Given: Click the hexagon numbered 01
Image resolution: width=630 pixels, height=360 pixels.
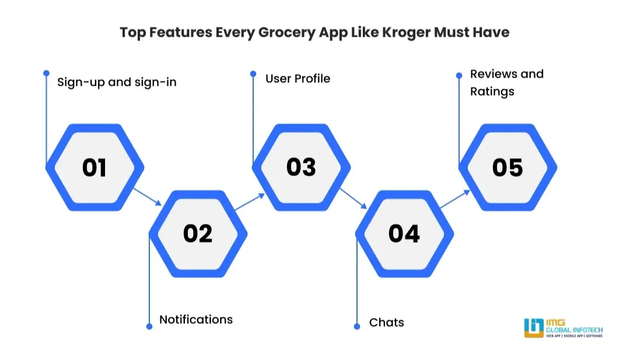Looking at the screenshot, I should coord(94,167).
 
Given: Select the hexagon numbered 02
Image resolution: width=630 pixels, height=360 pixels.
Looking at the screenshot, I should coord(198,233).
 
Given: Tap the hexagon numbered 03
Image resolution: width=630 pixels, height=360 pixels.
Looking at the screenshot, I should coord(301,167).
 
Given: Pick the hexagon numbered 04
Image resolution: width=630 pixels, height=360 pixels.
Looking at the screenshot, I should coord(404,233).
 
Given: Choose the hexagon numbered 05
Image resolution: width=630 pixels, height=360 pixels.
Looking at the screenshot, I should coord(508,167).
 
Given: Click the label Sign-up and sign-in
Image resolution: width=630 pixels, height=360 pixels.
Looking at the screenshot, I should coord(117,82).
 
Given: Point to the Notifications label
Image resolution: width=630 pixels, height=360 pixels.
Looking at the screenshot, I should coord(196,320).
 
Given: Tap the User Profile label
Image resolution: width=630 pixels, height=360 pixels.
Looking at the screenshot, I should coord(297,78).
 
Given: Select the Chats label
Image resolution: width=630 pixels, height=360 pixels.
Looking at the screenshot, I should coord(387,322).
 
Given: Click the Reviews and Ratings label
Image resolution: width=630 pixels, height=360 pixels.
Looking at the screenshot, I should coord(506,82).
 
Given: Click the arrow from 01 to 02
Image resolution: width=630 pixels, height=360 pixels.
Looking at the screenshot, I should coord(147,196).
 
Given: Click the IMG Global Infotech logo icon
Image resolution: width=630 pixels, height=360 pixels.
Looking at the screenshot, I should coord(533,328).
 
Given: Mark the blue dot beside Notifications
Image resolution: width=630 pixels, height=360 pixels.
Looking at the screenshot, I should coord(149,326).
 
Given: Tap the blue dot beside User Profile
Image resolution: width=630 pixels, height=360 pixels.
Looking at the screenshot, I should coord(253,74).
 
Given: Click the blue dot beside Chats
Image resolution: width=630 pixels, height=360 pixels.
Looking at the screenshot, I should coord(357,326).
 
